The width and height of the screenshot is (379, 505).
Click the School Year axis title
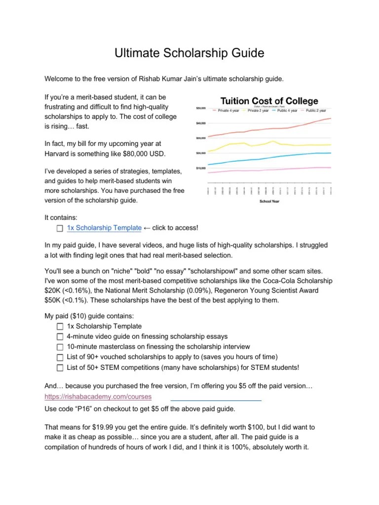click(x=270, y=202)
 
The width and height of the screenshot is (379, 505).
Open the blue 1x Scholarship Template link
click(x=104, y=227)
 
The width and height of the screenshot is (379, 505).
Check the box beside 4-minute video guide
click(x=60, y=336)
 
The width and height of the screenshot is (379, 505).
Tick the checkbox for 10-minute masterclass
click(x=60, y=347)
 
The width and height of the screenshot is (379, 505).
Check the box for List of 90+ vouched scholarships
click(x=60, y=357)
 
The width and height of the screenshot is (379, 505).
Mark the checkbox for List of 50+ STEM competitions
click(x=60, y=367)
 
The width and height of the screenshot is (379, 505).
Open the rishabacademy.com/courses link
click(x=98, y=397)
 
